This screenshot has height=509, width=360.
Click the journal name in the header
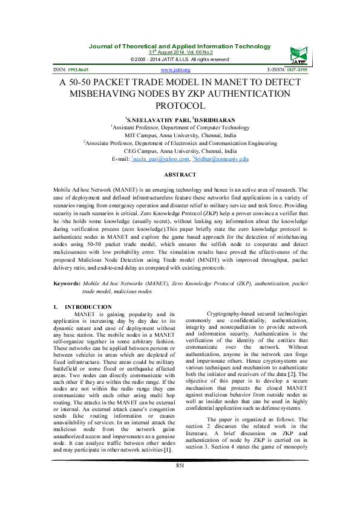coord(180,47)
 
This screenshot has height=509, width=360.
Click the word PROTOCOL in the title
coord(180,105)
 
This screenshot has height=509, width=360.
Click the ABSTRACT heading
coord(180,174)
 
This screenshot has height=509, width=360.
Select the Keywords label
coord(67,283)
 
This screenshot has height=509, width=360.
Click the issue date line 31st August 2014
coord(180,53)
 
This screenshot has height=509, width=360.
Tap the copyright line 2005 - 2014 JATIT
coord(180,59)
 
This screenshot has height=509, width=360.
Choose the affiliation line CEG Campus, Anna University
coord(180,151)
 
